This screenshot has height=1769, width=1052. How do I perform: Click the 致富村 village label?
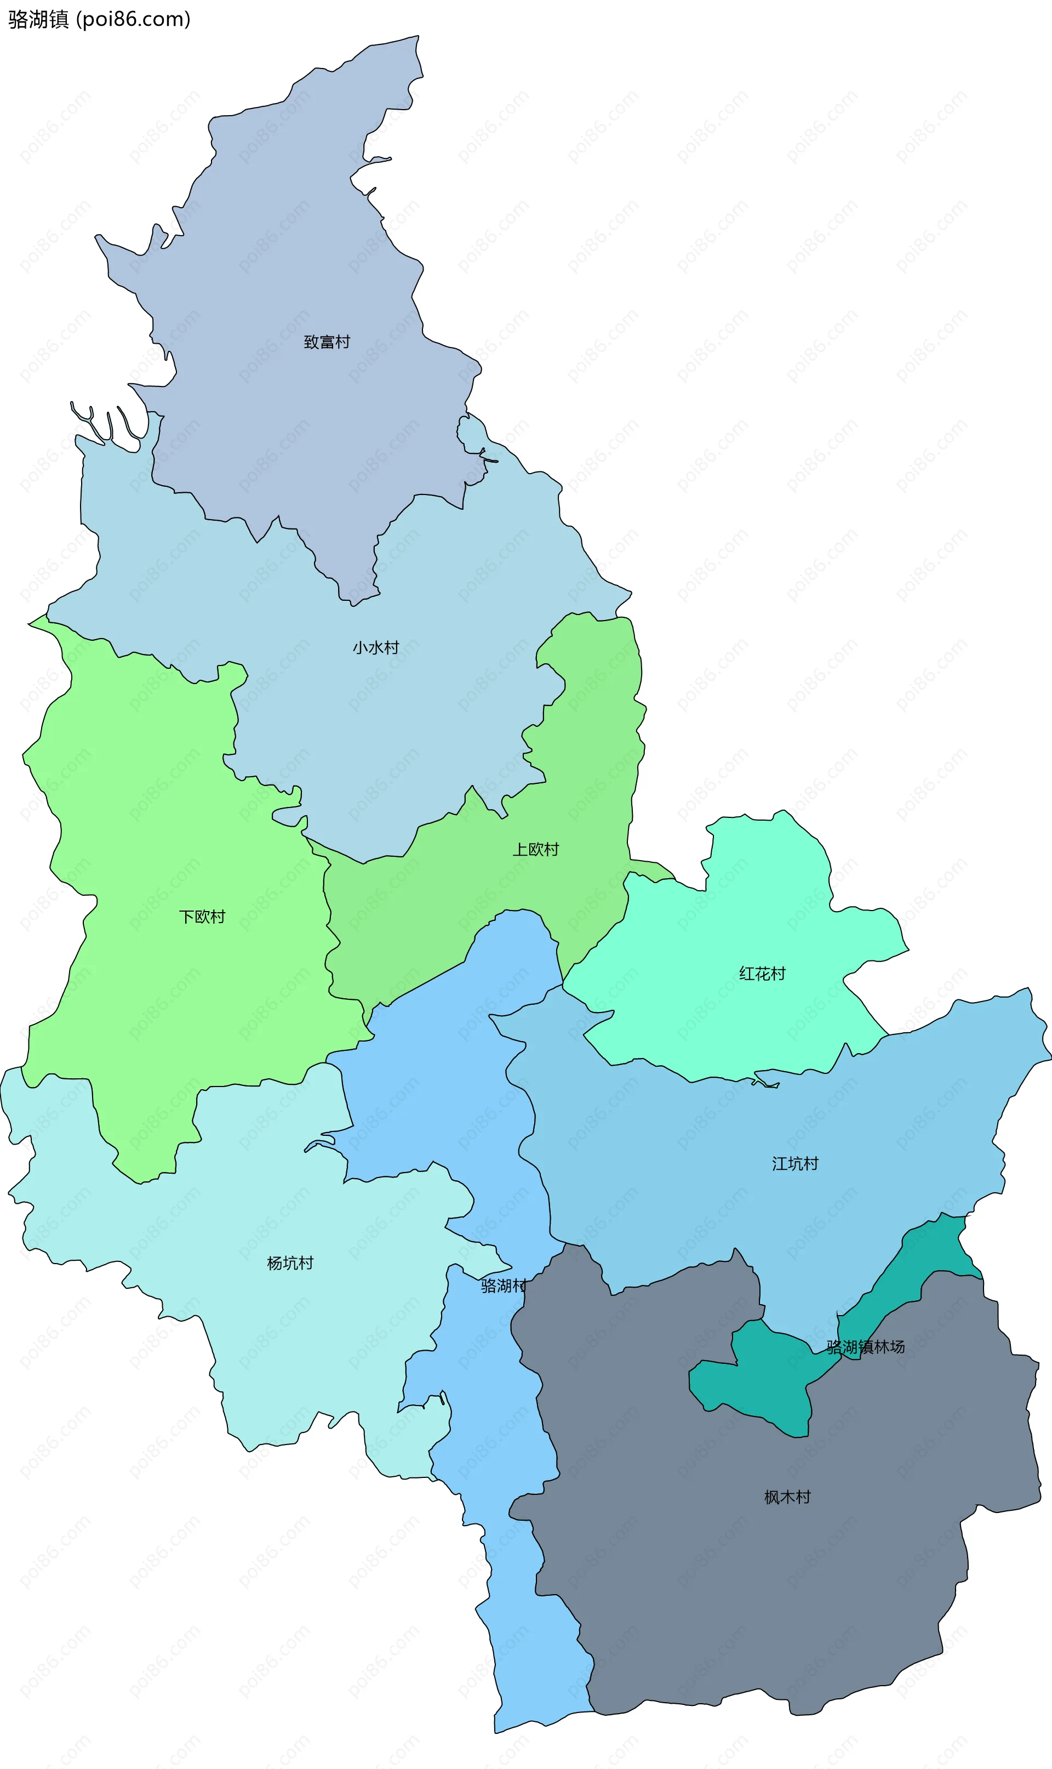click(x=327, y=342)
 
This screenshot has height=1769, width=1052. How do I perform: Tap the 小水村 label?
click(x=376, y=647)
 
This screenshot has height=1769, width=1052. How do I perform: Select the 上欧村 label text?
click(x=536, y=849)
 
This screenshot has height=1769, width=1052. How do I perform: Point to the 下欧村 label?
click(x=202, y=917)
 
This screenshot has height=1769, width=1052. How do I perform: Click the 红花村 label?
click(x=762, y=974)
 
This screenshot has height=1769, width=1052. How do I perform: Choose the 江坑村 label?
click(x=794, y=1163)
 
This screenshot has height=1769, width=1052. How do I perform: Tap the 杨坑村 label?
click(x=290, y=1263)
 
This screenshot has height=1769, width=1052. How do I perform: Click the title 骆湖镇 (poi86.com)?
click(x=99, y=19)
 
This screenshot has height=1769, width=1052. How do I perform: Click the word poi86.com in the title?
click(x=133, y=19)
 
